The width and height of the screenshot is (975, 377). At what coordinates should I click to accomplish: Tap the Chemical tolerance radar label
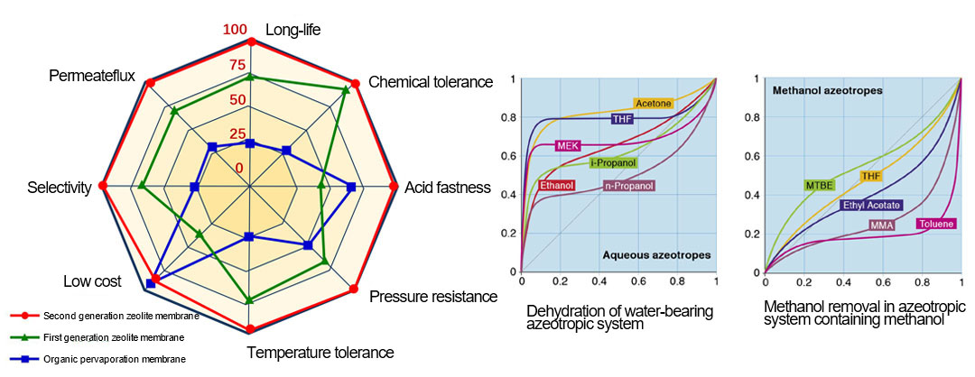[431, 82]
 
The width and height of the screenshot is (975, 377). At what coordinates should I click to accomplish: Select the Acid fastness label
[448, 188]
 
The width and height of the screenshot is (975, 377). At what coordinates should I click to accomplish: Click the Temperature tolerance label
[320, 353]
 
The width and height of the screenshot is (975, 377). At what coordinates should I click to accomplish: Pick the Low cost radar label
[92, 282]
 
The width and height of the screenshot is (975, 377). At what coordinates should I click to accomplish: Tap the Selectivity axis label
[60, 188]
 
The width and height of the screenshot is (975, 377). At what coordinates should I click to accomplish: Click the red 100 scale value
[235, 31]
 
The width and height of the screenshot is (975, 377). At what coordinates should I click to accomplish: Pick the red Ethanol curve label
[556, 185]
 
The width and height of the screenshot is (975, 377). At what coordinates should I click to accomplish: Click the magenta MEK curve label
[567, 145]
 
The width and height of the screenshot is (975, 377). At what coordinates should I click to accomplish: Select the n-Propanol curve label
[628, 186]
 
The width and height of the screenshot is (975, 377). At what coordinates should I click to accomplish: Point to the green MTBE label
[819, 185]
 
